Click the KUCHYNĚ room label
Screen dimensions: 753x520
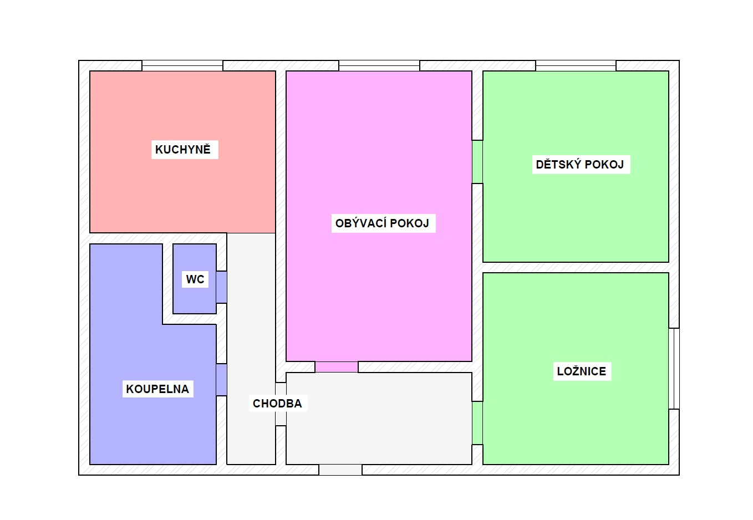(183, 149)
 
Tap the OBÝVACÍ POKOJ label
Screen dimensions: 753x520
(382, 223)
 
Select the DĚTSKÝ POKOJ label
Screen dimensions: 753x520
(580, 164)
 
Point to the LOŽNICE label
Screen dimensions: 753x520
(582, 371)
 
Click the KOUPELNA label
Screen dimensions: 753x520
(157, 389)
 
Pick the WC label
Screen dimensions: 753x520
(195, 279)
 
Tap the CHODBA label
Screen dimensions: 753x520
(277, 404)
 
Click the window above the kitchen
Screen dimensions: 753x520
(182, 65)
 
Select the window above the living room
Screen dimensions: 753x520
(379, 65)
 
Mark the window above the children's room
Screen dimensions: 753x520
(576, 65)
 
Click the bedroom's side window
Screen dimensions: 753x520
(674, 369)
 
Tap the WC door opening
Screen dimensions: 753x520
(222, 287)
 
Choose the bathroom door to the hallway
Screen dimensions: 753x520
(222, 380)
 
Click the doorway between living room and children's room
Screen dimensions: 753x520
(477, 162)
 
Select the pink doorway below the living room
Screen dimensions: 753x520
(337, 367)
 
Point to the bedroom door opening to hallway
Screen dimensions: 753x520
(477, 423)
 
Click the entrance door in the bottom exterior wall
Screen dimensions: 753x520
(340, 470)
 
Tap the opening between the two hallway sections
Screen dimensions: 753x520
(281, 404)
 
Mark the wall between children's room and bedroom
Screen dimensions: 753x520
(576, 268)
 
